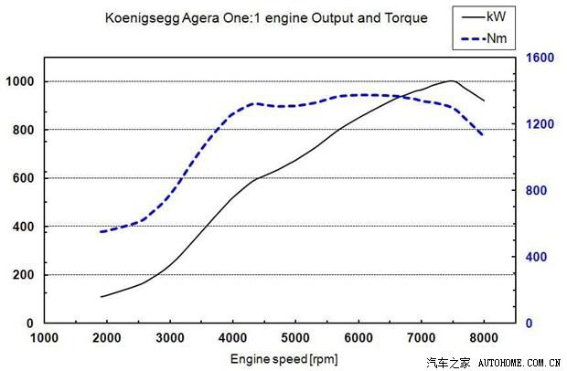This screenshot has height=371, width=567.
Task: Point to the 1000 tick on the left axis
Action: click(x=20, y=81)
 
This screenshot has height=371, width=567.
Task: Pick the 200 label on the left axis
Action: click(x=23, y=275)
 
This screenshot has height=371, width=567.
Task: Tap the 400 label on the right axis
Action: click(x=539, y=257)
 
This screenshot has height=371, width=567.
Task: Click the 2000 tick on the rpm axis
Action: click(x=108, y=335)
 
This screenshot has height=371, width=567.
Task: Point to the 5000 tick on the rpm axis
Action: click(x=295, y=335)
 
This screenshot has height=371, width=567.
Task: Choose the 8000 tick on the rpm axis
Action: click(x=483, y=335)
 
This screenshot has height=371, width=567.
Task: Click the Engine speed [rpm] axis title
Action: click(x=284, y=359)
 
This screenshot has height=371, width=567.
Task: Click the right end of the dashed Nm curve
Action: click(x=483, y=136)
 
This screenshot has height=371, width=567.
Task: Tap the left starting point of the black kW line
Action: click(x=102, y=296)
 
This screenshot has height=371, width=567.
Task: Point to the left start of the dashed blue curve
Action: click(x=102, y=231)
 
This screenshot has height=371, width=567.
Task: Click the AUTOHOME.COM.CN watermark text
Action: click(x=515, y=362)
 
